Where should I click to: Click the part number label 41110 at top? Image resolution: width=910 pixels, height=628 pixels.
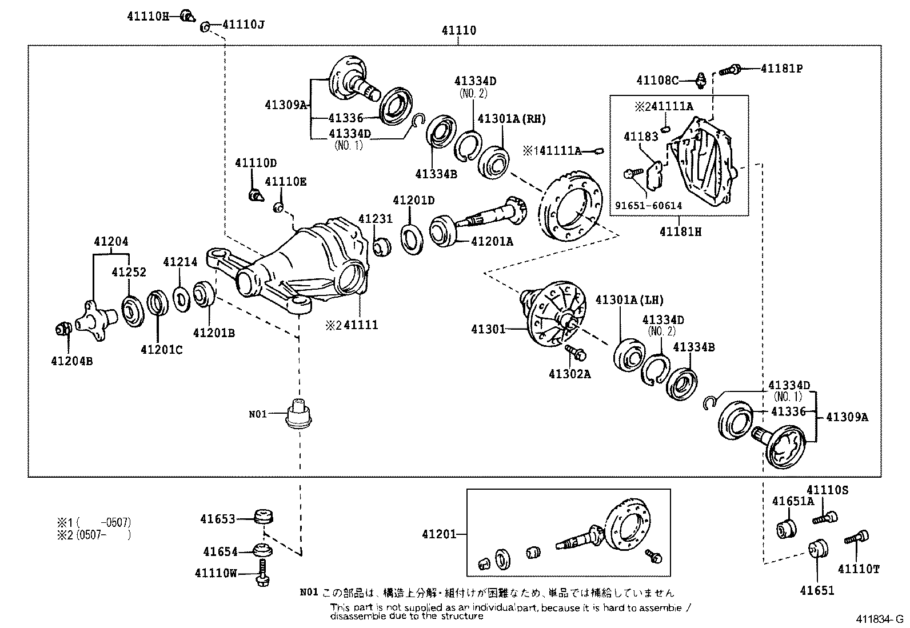tap(458, 31)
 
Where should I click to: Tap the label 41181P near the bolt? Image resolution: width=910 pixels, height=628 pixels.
tap(781, 69)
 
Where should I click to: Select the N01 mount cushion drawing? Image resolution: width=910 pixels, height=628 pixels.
tap(298, 414)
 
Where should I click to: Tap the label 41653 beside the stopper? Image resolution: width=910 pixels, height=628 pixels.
tap(218, 519)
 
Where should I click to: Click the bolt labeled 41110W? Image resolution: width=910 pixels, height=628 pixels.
tap(262, 573)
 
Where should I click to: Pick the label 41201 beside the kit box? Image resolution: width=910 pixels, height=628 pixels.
tap(439, 534)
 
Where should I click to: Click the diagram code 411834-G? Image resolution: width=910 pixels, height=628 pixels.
tap(879, 619)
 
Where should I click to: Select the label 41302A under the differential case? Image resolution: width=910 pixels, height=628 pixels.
tap(569, 374)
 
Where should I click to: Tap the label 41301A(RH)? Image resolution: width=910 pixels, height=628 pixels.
tap(512, 119)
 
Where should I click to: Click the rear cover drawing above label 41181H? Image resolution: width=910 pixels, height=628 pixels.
tap(703, 163)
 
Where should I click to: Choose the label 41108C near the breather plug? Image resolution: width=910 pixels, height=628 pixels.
tap(657, 81)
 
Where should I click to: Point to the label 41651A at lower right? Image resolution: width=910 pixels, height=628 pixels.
tap(793, 501)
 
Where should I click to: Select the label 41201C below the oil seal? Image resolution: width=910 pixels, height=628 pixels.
tap(162, 350)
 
